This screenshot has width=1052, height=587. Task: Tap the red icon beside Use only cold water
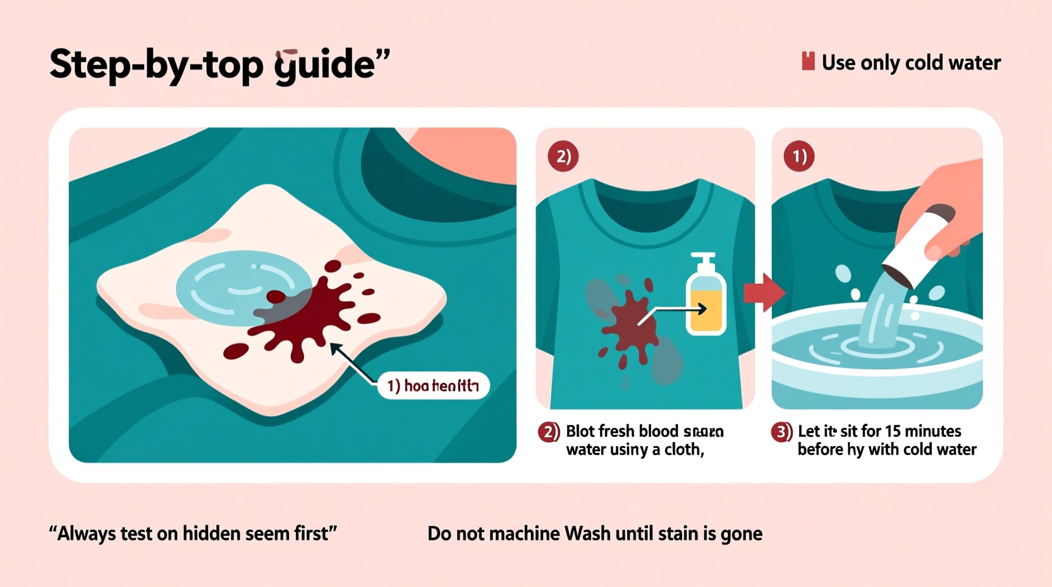point(807,61)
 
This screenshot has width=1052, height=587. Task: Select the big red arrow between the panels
point(764,292)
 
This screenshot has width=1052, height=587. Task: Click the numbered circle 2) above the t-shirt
point(563,156)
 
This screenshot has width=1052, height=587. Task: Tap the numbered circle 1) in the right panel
point(798,156)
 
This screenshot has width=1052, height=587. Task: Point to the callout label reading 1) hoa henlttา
point(433,385)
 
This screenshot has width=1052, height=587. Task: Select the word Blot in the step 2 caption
point(580,431)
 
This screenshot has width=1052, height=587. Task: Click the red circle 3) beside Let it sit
point(781,432)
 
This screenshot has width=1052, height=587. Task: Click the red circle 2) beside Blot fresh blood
point(548,432)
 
